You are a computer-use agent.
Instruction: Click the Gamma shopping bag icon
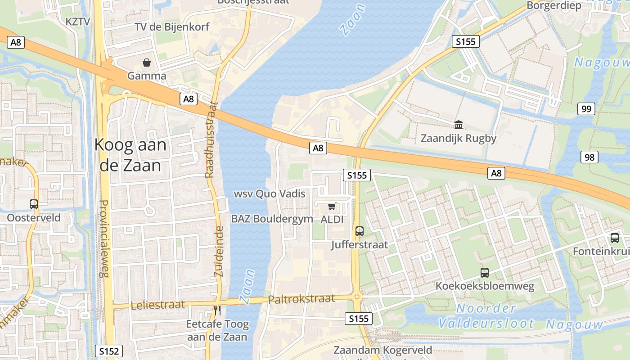(x=147, y=62)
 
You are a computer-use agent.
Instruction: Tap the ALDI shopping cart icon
(x=332, y=206)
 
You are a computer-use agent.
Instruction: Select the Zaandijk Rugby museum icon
(x=459, y=124)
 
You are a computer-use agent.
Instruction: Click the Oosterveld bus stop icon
(x=34, y=204)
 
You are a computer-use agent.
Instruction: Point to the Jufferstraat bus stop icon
(x=359, y=231)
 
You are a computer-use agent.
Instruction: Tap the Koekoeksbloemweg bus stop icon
(x=485, y=272)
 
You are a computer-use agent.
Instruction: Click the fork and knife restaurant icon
(x=217, y=310)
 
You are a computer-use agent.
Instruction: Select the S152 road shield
(x=109, y=351)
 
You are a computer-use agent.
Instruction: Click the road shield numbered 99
(x=586, y=108)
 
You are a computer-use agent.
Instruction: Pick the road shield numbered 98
(x=589, y=157)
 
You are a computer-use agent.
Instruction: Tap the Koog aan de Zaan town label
(x=130, y=155)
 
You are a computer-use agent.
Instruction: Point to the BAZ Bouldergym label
(x=272, y=219)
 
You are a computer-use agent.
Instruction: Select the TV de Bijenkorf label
(x=172, y=27)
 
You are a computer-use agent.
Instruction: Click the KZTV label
(x=78, y=21)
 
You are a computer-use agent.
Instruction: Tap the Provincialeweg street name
(x=104, y=238)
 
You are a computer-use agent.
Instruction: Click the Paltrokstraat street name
(x=301, y=299)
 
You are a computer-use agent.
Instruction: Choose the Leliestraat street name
(x=157, y=305)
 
